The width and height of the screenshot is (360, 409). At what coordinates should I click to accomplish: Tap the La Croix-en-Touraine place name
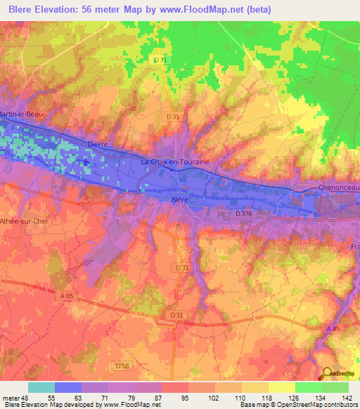175,162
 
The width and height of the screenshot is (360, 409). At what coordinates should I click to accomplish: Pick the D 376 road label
244,213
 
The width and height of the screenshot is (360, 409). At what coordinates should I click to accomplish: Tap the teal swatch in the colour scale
41,387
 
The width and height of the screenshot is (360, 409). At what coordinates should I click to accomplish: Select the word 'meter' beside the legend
11,397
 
